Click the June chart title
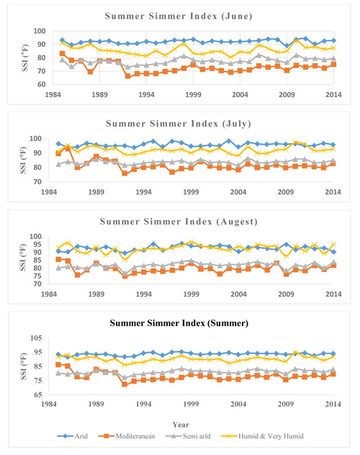pos(179,17)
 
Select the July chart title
pos(179,124)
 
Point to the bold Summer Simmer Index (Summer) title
pos(179,323)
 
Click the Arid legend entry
pos(72,436)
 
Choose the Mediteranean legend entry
pos(127,436)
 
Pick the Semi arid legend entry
pos(188,436)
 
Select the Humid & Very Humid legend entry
pos(262,436)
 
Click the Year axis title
pos(181,425)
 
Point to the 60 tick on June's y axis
pos(42,84)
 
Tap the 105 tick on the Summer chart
pos(36,338)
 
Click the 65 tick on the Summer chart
pos(38,395)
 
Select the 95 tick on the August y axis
pos(38,245)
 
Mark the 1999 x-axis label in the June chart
pos(193,94)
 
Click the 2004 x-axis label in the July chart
pos(238,192)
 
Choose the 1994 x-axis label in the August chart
pos(143,294)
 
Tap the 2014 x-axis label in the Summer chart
pos(333,404)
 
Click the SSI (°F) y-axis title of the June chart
pos(25,58)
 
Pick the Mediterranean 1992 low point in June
pos(127,76)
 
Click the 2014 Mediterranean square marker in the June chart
pos(333,64)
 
